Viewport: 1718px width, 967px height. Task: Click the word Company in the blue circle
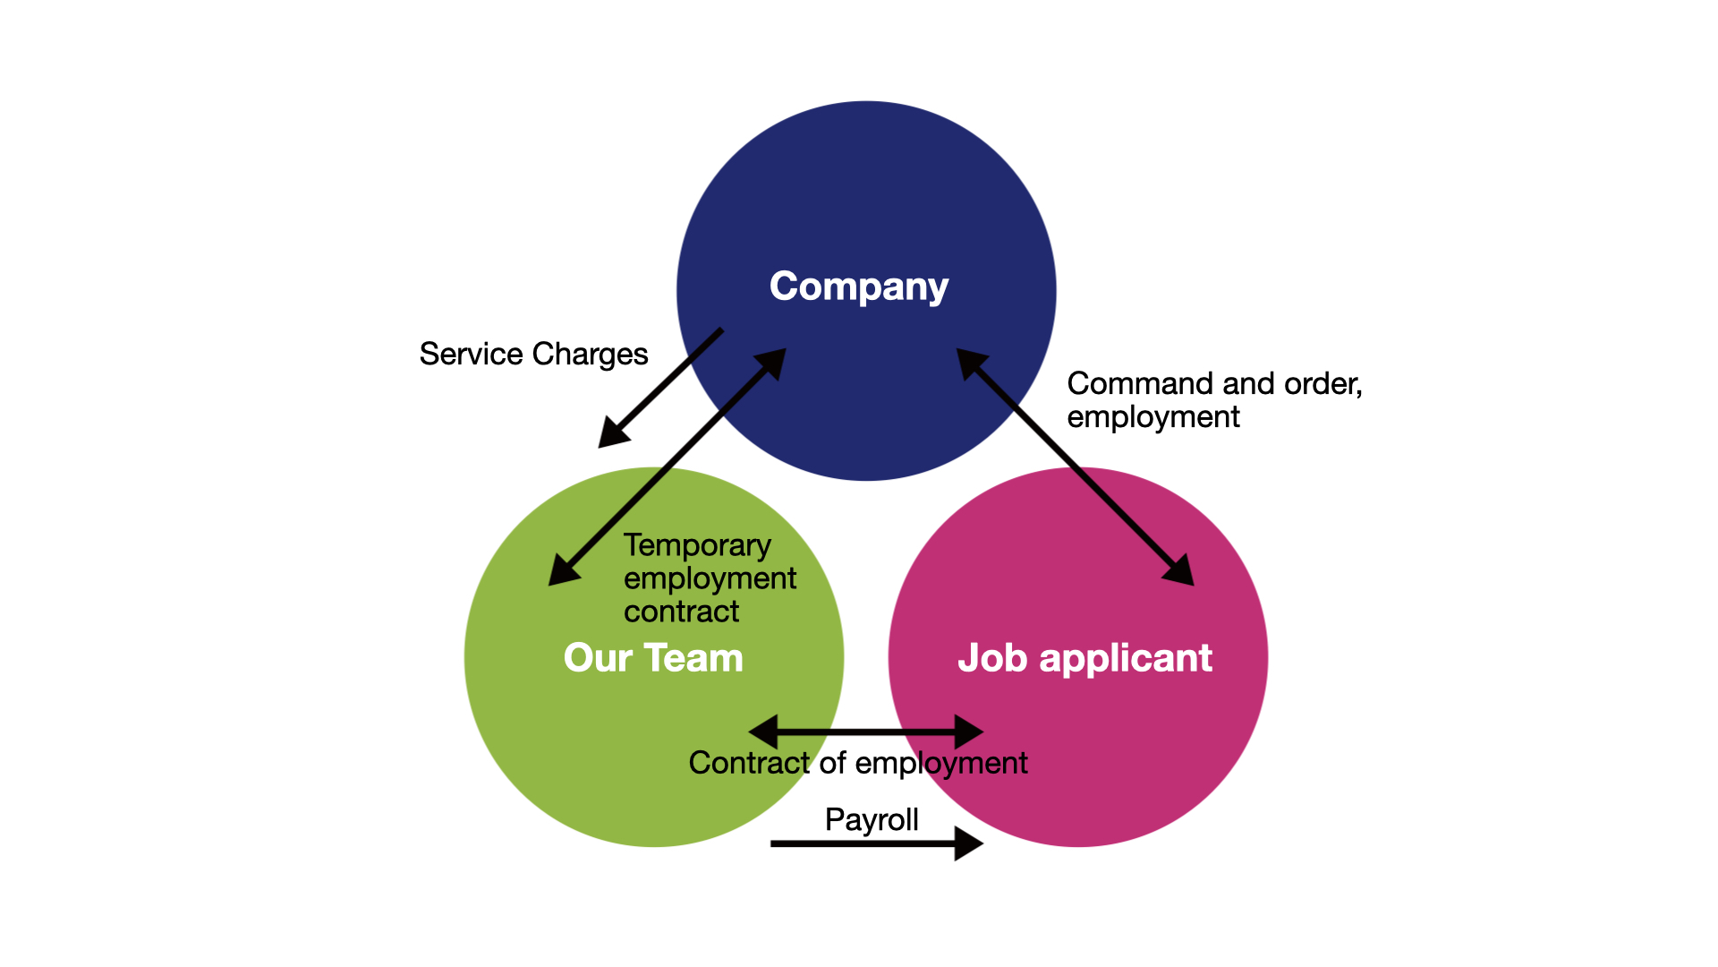click(858, 287)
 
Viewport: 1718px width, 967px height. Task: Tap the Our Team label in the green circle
click(653, 658)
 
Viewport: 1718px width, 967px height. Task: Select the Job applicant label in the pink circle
click(1084, 658)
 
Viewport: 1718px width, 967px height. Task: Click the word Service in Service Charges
click(471, 354)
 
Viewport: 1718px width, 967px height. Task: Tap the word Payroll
click(872, 819)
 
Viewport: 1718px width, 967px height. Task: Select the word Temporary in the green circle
click(697, 545)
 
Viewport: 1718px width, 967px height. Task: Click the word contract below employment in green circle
click(681, 612)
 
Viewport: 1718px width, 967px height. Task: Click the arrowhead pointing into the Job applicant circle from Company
click(1181, 571)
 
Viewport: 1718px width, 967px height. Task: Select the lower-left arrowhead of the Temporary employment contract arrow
click(562, 571)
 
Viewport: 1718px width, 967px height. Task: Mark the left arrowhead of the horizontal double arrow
click(763, 732)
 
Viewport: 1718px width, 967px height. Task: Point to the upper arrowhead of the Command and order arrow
click(970, 362)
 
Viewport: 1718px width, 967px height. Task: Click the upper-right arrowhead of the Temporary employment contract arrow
click(772, 363)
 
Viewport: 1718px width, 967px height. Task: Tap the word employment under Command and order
click(1152, 417)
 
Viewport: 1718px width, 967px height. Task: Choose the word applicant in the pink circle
click(1126, 658)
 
